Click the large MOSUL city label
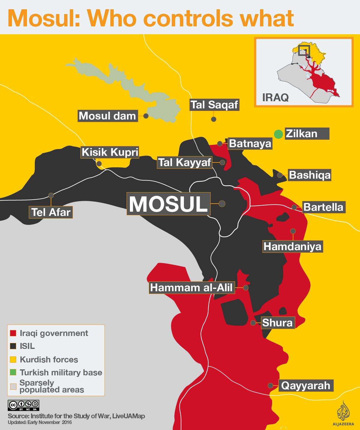(168, 204)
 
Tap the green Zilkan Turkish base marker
(278, 134)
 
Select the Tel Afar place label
(51, 212)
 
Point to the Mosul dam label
(108, 116)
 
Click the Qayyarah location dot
(270, 386)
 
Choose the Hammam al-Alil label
(191, 287)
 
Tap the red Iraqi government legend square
(13, 333)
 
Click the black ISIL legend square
(13, 346)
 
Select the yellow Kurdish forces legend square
(13, 359)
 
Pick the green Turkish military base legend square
(13, 372)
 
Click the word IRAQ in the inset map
(275, 98)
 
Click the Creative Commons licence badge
(23, 405)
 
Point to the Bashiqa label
(310, 175)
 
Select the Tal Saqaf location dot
(214, 119)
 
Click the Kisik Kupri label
(110, 152)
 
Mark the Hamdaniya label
(292, 247)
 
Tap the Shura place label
(277, 323)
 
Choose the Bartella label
(323, 207)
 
